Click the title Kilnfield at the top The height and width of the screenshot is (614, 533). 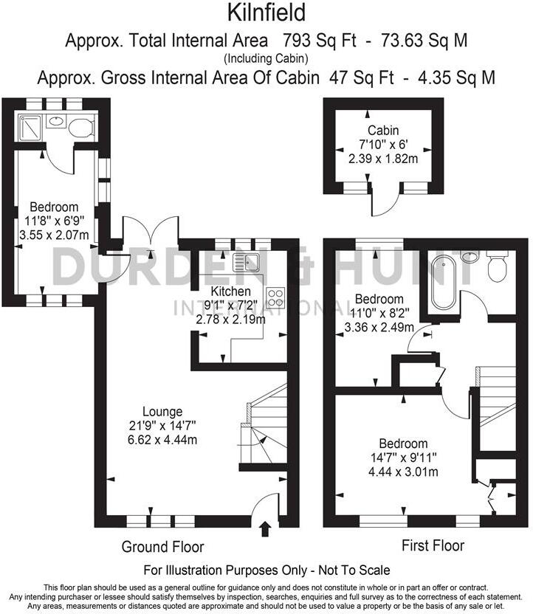[x=266, y=13]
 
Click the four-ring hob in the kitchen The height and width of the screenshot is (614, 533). [x=276, y=297]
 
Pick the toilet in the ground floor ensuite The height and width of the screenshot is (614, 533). [x=81, y=127]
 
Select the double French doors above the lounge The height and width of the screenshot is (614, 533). [x=151, y=230]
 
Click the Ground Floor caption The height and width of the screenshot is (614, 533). [x=163, y=547]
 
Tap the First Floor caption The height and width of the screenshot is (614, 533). [x=433, y=546]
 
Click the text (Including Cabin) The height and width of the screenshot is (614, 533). [x=266, y=58]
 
